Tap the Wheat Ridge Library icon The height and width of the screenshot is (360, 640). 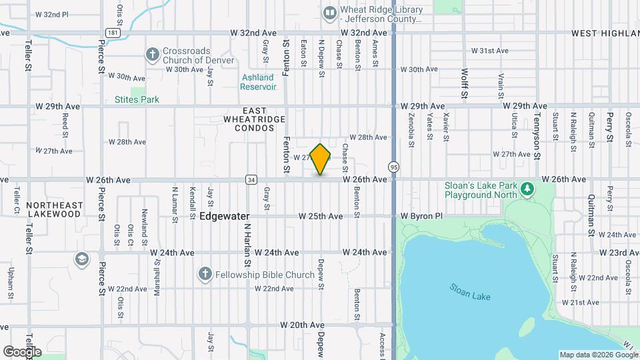(x=329, y=13)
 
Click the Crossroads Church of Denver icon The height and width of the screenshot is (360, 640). (x=153, y=54)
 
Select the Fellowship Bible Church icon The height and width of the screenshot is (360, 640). (x=205, y=275)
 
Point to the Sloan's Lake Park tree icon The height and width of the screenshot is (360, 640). (x=528, y=189)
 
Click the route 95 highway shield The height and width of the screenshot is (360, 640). (x=395, y=166)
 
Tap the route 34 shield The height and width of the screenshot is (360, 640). (x=251, y=179)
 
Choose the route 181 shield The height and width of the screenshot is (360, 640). (x=112, y=32)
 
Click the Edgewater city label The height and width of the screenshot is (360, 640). (x=225, y=217)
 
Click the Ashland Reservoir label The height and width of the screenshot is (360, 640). (x=258, y=82)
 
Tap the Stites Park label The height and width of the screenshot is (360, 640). (x=137, y=100)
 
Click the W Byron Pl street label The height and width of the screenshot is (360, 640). (x=421, y=217)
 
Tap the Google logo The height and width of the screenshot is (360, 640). (x=22, y=351)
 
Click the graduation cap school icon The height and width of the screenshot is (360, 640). (x=81, y=259)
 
